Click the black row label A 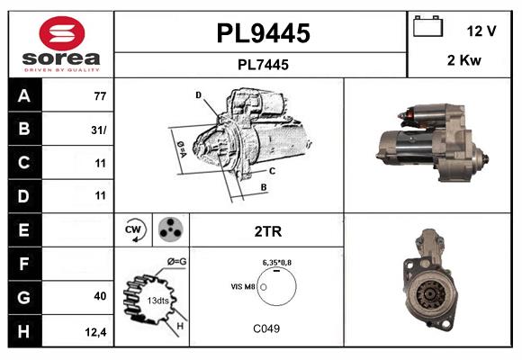22,95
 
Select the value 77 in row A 99,95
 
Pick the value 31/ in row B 99,130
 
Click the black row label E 22,230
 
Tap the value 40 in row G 100,296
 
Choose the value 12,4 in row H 97,332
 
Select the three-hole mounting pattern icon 169,230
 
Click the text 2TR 267,231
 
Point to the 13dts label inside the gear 157,300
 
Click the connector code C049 265,328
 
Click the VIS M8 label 243,286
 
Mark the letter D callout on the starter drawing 198,94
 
